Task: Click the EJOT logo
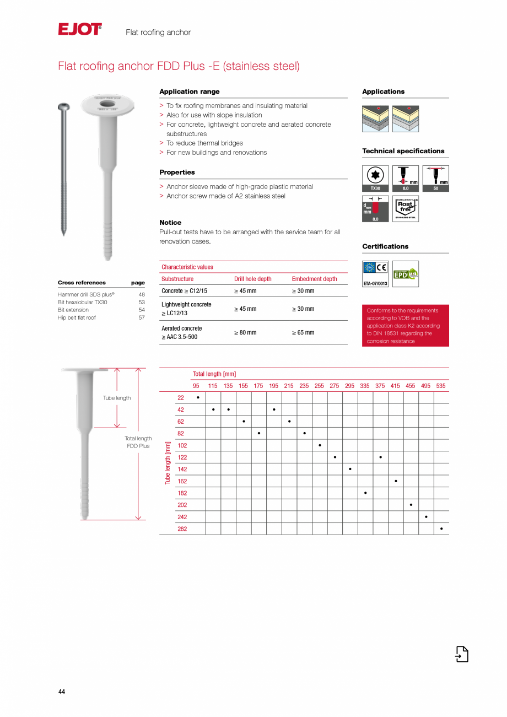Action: (80, 29)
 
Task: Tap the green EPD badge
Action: (405, 274)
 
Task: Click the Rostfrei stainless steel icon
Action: (406, 208)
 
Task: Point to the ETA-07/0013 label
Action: (375, 284)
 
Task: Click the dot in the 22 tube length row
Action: (198, 397)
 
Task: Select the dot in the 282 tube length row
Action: (441, 529)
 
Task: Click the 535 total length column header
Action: (441, 386)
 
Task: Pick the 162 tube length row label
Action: (182, 481)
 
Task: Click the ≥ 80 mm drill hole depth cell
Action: (245, 332)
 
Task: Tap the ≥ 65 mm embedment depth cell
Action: (303, 332)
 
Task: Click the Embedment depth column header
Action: (314, 279)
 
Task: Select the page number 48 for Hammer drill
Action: (142, 294)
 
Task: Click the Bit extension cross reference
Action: (73, 310)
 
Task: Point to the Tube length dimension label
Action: (117, 398)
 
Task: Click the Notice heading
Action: (170, 223)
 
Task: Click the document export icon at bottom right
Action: (462, 654)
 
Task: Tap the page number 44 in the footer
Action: (62, 692)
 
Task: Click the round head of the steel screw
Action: (65, 106)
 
